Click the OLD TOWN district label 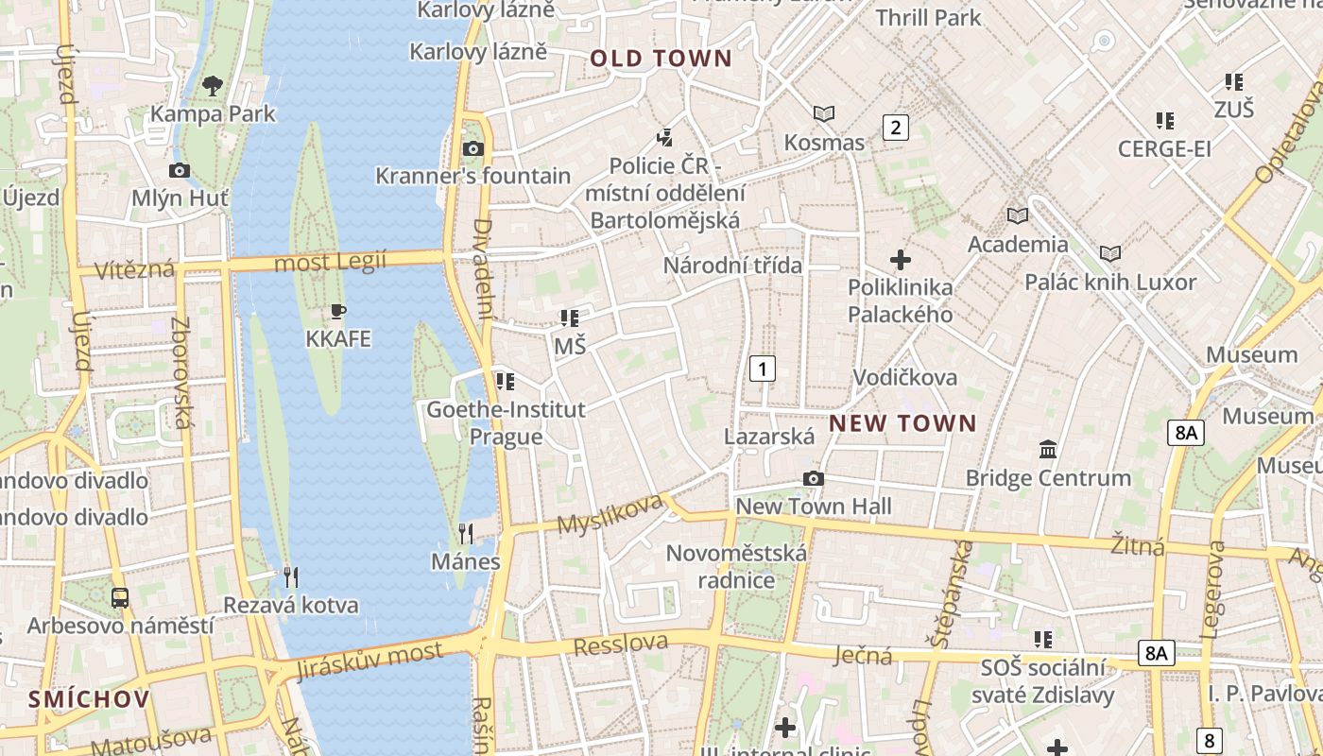tap(661, 59)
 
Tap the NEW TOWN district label tap(902, 423)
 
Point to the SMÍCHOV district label tap(89, 699)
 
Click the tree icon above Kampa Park tap(213, 86)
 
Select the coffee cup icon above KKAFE tap(338, 311)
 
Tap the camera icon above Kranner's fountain tap(473, 148)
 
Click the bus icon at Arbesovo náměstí tap(120, 597)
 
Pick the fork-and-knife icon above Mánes tap(465, 534)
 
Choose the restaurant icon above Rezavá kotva tap(291, 576)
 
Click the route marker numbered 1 tap(762, 368)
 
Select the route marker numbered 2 tap(895, 127)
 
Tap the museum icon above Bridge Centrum tap(1048, 450)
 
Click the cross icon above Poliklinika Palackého tap(901, 259)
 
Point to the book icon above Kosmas tap(824, 114)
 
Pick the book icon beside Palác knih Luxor tap(1110, 253)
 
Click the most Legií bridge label tap(330, 262)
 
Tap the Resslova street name tap(621, 644)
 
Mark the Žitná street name tap(1138, 545)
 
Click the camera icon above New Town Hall tap(813, 479)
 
